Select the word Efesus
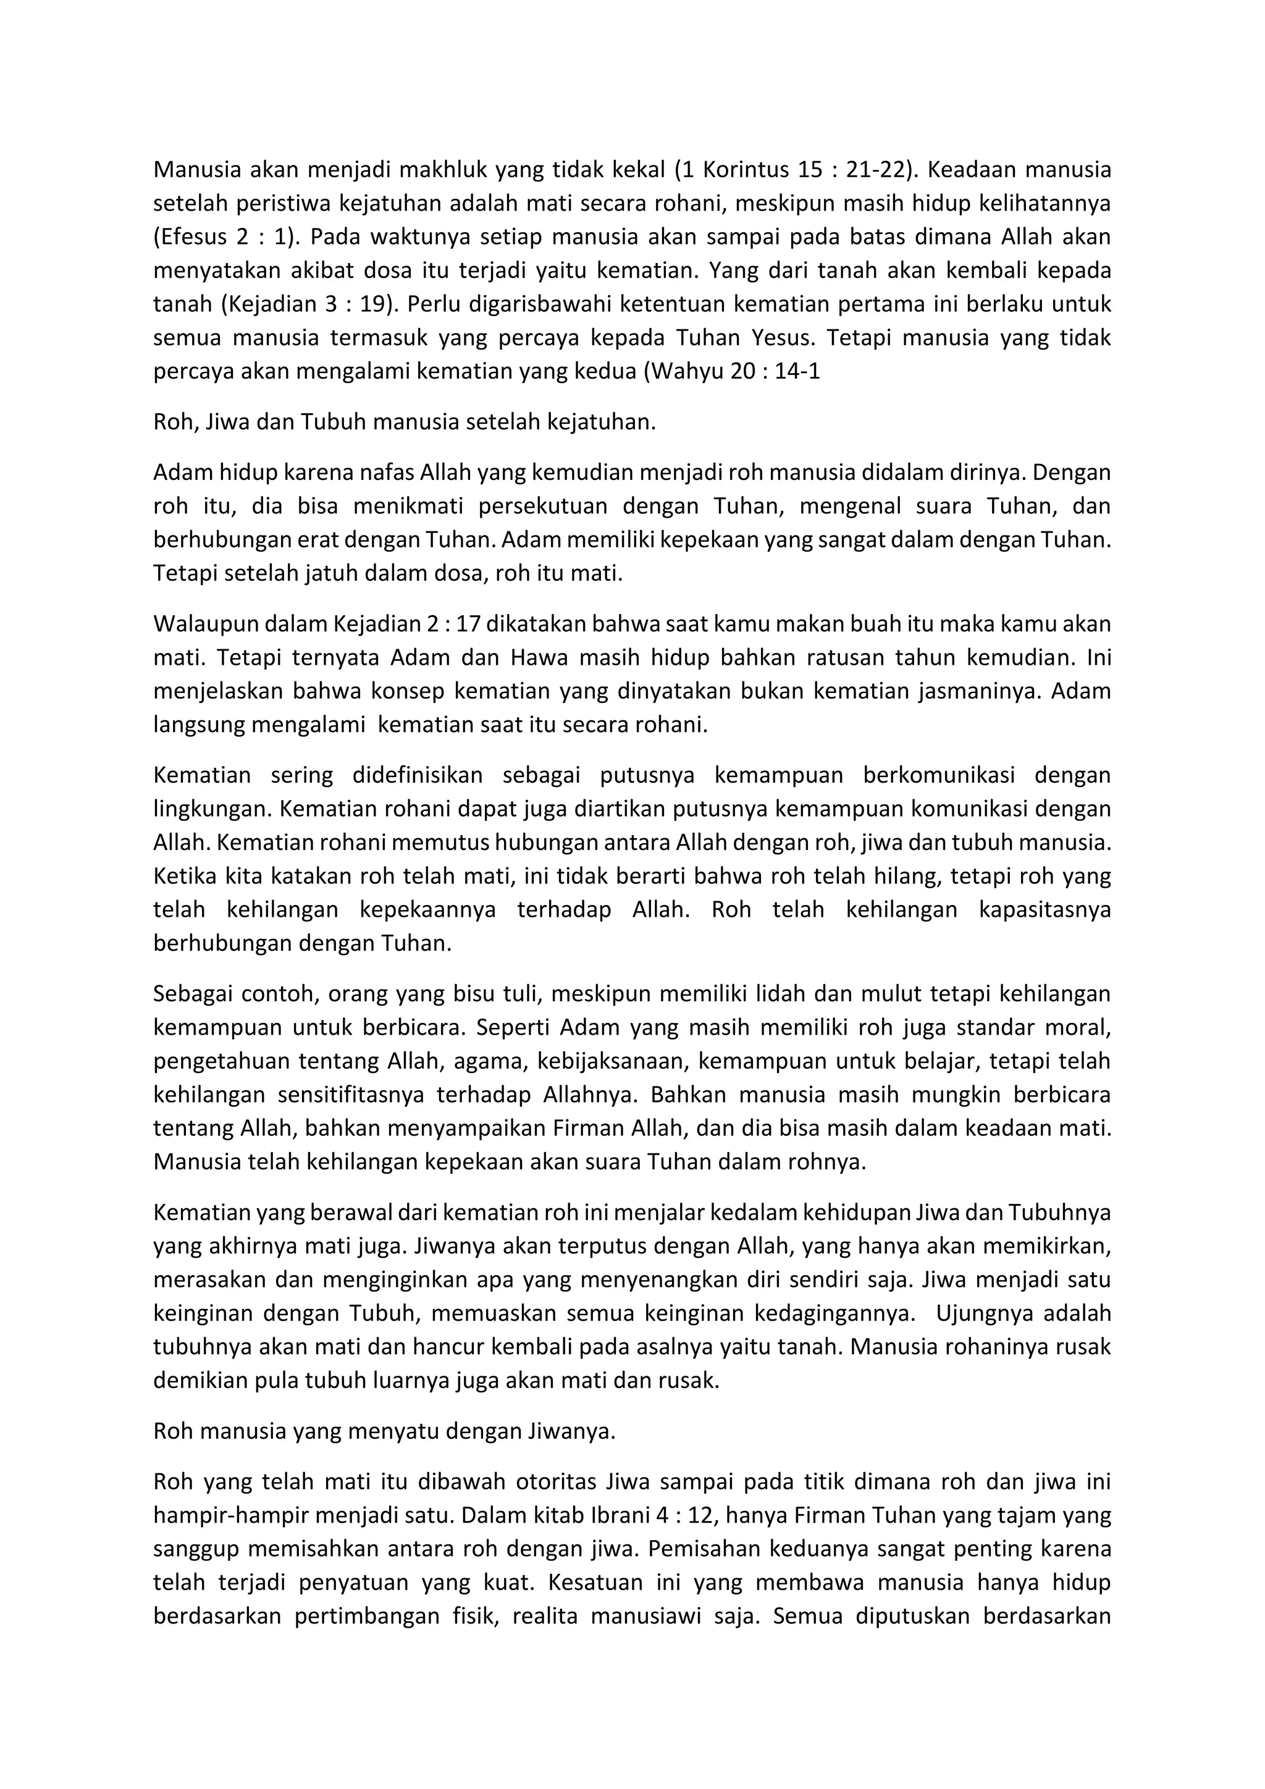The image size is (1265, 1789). pyautogui.click(x=191, y=236)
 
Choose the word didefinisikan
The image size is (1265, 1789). pyautogui.click(x=417, y=775)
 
